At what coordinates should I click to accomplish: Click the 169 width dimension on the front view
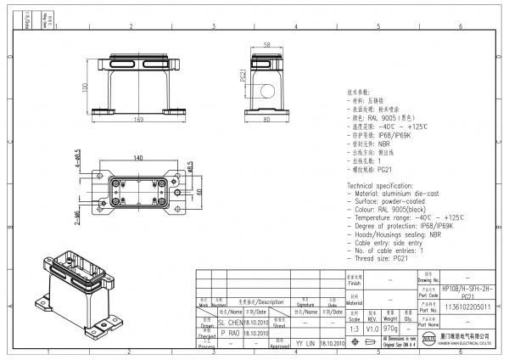(x=138, y=120)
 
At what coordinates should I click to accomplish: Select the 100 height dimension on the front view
(x=85, y=87)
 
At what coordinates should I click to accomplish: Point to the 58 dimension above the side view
(x=266, y=44)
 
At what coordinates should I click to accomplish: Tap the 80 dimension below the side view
(x=266, y=120)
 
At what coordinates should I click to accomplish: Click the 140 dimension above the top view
(x=138, y=147)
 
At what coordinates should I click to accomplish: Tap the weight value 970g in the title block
(x=390, y=326)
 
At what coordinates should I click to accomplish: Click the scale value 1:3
(x=353, y=326)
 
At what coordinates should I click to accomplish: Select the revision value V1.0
(x=372, y=326)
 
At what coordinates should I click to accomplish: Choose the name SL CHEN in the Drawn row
(x=231, y=323)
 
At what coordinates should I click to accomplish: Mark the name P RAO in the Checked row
(x=231, y=334)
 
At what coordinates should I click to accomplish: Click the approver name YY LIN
(x=305, y=344)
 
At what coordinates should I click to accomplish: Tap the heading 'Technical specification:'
(x=385, y=183)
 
